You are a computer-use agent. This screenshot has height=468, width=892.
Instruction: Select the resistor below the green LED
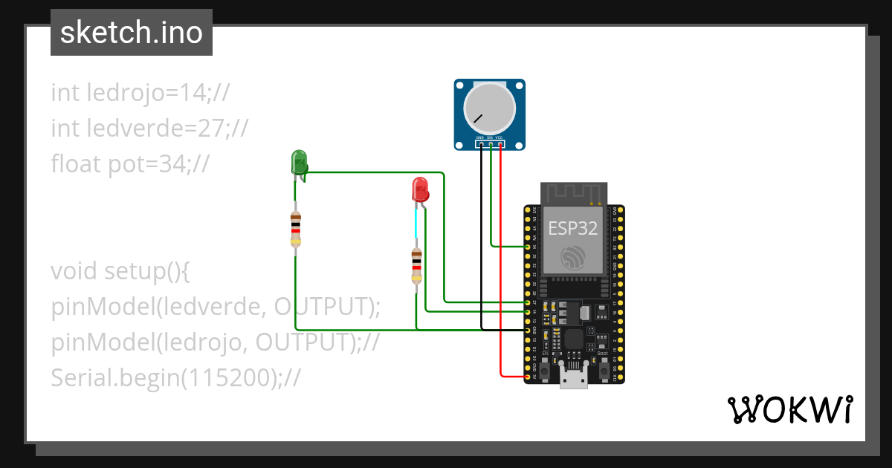point(296,229)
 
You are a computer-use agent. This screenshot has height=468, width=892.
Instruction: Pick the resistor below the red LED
point(416,266)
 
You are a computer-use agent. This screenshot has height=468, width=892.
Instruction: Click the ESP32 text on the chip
point(572,228)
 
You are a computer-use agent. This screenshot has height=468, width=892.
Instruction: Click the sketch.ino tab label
point(132,33)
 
